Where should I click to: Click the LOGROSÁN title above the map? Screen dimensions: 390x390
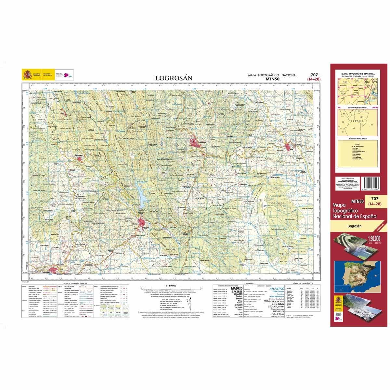[174, 78]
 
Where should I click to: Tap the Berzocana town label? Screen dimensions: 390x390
[80, 156]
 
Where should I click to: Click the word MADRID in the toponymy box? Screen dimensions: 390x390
[237, 288]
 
